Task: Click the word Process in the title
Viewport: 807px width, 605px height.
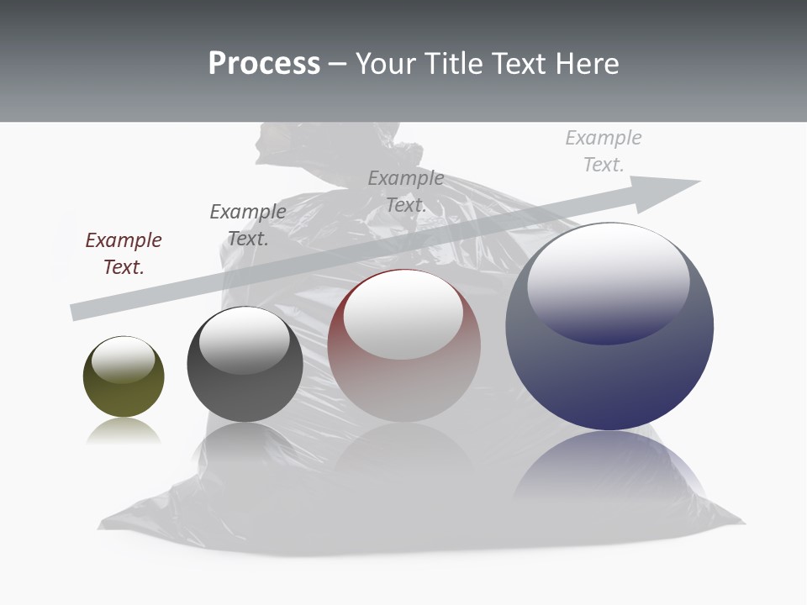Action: [x=264, y=64]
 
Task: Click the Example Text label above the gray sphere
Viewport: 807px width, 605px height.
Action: [x=248, y=225]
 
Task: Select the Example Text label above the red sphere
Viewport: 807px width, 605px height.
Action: [x=406, y=192]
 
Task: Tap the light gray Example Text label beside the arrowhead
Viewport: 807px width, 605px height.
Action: [x=604, y=151]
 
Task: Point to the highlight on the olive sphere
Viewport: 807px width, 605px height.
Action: [x=124, y=360]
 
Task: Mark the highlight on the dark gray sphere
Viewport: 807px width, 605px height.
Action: [x=245, y=340]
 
